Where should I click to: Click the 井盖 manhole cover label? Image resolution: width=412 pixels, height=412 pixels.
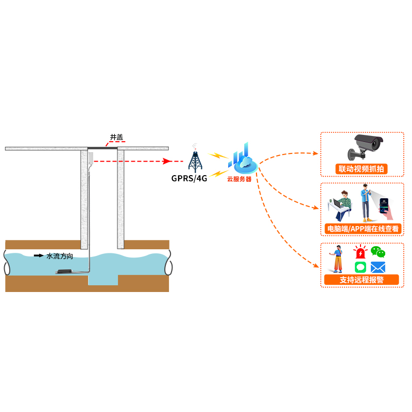pyautogui.click(x=116, y=137)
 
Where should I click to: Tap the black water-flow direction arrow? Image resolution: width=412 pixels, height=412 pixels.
pyautogui.click(x=39, y=255)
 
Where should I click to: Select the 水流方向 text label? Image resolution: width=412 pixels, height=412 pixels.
pyautogui.click(x=59, y=255)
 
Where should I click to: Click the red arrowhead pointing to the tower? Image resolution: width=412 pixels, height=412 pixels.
pyautogui.click(x=166, y=161)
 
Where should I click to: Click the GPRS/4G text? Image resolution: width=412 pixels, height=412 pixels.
pyautogui.click(x=189, y=179)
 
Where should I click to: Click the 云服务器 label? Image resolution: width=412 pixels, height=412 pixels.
pyautogui.click(x=239, y=179)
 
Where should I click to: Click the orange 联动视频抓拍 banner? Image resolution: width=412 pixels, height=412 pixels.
pyautogui.click(x=361, y=169)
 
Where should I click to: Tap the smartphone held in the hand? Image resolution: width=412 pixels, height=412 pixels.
pyautogui.click(x=385, y=208)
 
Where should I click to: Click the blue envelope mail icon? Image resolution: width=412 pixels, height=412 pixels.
pyautogui.click(x=378, y=267)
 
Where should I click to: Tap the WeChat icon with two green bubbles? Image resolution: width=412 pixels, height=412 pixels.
pyautogui.click(x=378, y=252)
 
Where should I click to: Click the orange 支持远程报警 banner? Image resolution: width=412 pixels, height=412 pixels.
pyautogui.click(x=361, y=280)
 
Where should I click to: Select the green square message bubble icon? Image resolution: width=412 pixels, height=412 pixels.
pyautogui.click(x=360, y=267)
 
